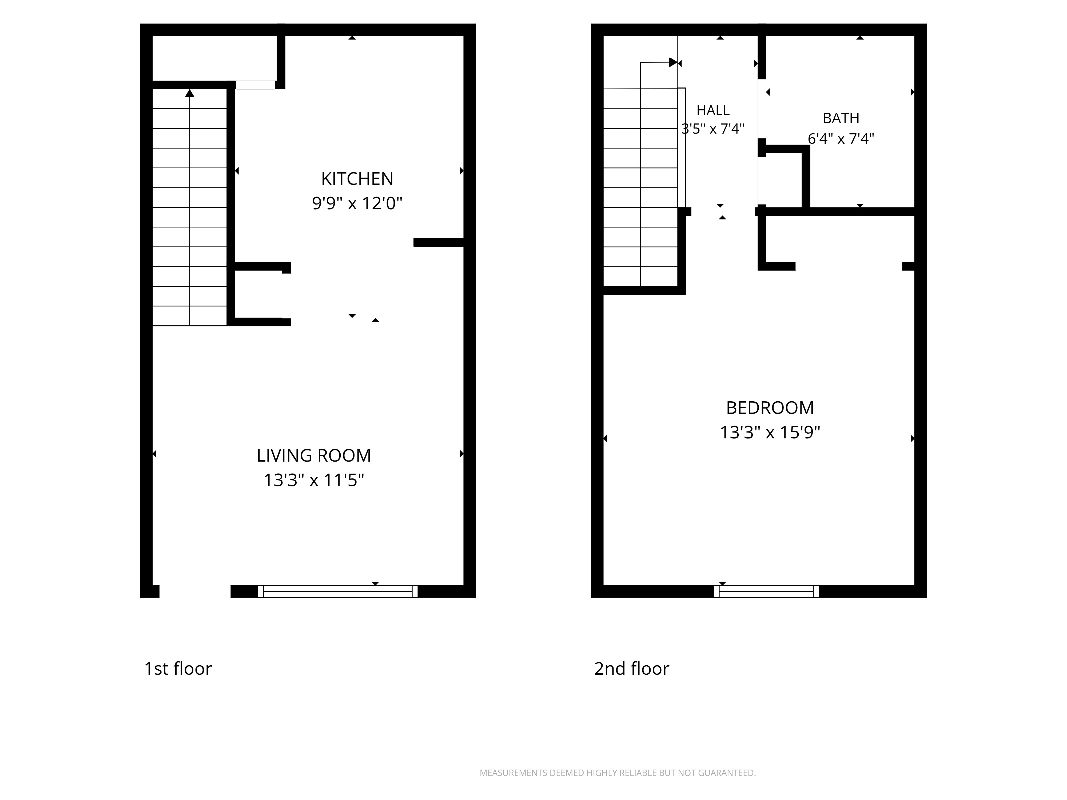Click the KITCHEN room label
pyautogui.click(x=357, y=179)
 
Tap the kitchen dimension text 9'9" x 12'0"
pyautogui.click(x=357, y=203)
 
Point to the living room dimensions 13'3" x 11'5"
pyautogui.click(x=313, y=480)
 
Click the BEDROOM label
pyautogui.click(x=770, y=408)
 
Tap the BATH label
pyautogui.click(x=841, y=118)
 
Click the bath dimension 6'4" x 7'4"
pyautogui.click(x=841, y=139)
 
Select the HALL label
pyautogui.click(x=713, y=110)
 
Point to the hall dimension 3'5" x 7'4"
pyautogui.click(x=713, y=129)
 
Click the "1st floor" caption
pyautogui.click(x=178, y=669)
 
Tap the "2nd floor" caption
pyautogui.click(x=631, y=669)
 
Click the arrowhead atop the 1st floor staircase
pyautogui.click(x=190, y=93)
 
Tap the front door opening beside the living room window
pyautogui.click(x=195, y=592)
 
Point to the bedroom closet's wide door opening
pyautogui.click(x=849, y=266)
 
